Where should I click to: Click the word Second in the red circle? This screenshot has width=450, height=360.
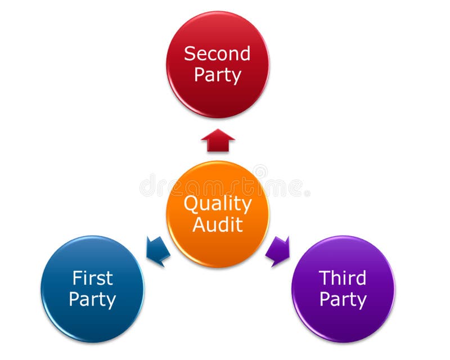tap(217, 53)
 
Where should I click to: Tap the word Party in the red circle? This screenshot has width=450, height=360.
tap(218, 75)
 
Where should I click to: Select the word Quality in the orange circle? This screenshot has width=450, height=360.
tap(218, 204)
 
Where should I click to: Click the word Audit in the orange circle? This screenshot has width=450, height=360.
tap(218, 224)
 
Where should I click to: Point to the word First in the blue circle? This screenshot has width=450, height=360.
tap(93, 278)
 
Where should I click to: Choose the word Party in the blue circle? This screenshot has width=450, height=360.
tap(92, 300)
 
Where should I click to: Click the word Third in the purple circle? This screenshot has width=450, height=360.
tap(343, 278)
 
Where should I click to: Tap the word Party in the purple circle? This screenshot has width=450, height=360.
tap(343, 300)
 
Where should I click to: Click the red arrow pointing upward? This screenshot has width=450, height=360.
tap(218, 140)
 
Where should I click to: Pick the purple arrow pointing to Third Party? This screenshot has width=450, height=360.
tap(278, 251)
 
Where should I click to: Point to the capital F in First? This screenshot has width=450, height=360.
tap(78, 278)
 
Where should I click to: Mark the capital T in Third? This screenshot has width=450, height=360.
tap(325, 278)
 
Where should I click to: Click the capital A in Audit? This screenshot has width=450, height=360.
tap(200, 224)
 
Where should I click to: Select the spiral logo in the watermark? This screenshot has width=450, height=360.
tap(260, 172)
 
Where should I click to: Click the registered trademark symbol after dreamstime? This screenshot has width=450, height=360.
tap(307, 193)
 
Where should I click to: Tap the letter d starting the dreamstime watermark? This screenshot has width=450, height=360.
tap(148, 186)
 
